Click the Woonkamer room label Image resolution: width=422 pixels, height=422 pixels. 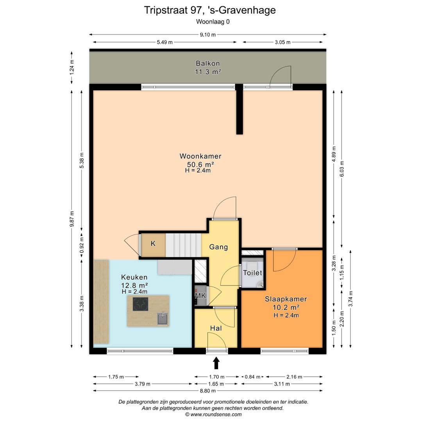(200, 156)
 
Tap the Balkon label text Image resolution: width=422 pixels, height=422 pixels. (207, 63)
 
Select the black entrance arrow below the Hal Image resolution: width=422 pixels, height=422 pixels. (216, 364)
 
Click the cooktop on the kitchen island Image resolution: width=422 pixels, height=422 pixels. (140, 304)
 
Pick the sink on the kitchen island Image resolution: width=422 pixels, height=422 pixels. (163, 319)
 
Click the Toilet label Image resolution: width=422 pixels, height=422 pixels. (252, 273)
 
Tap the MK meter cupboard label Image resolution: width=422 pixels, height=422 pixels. (200, 296)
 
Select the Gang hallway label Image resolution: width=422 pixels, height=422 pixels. (218, 247)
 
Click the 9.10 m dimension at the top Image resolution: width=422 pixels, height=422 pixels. (207, 34)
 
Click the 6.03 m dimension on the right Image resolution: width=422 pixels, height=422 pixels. (342, 169)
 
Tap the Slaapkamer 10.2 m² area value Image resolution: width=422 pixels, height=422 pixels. (286, 307)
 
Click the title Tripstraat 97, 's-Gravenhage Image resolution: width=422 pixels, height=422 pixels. (210, 10)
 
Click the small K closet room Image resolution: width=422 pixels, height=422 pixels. (153, 244)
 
